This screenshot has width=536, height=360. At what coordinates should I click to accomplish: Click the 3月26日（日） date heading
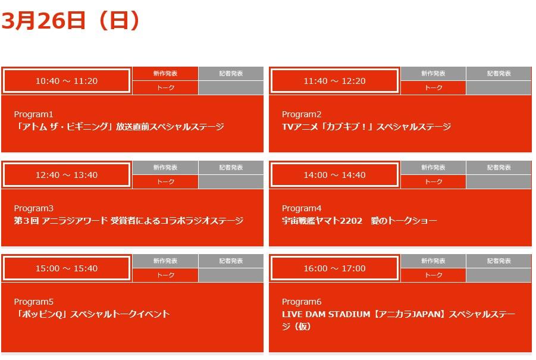coord(71,20)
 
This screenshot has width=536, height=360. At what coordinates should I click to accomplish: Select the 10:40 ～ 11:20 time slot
coord(67,81)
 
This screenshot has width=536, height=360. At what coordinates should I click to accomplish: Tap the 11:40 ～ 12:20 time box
coord(335,81)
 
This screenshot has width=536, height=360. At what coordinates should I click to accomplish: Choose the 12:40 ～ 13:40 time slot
coord(67,175)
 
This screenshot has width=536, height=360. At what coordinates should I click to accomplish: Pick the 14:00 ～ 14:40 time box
coord(335,175)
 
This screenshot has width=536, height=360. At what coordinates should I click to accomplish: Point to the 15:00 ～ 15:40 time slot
coord(67,268)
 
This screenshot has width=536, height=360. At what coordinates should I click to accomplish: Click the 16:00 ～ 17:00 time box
coord(335,268)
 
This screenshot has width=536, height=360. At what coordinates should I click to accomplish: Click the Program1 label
coord(33,114)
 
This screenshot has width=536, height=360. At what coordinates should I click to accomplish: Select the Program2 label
coord(302,114)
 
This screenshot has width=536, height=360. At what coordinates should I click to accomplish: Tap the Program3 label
coord(33,208)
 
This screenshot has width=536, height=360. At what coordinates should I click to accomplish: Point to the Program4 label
coord(302,208)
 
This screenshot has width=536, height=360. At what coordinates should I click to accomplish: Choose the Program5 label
coord(33,302)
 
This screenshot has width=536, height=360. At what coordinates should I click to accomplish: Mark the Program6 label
coord(302,302)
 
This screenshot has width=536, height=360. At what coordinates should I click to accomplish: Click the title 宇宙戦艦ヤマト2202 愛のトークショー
coord(359,221)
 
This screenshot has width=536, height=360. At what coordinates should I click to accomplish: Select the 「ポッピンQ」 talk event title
coord(92,314)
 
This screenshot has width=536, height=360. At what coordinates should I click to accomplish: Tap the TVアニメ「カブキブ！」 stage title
coord(366,127)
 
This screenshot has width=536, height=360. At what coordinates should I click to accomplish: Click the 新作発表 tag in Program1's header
coord(165,74)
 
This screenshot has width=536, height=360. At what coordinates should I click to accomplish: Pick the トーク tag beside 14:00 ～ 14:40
coord(434,182)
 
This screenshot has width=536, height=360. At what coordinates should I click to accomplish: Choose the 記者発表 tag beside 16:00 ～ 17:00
coord(499,261)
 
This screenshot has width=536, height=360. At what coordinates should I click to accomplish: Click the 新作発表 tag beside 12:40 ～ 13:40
coord(165,168)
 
